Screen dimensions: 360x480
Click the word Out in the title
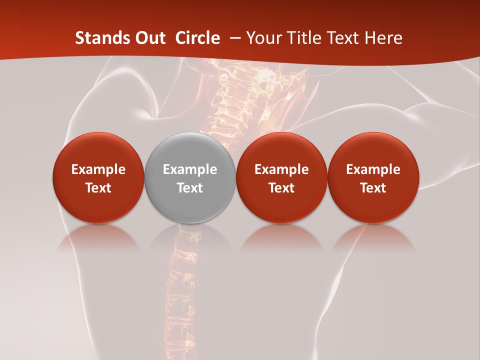tap(150, 37)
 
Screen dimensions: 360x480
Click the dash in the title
tap(235, 38)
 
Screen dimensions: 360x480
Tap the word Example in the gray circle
tap(190, 169)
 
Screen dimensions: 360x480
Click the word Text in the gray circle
tap(190, 188)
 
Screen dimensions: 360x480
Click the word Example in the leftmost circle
tap(98, 169)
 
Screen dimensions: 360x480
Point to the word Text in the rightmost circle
tap(373, 188)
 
